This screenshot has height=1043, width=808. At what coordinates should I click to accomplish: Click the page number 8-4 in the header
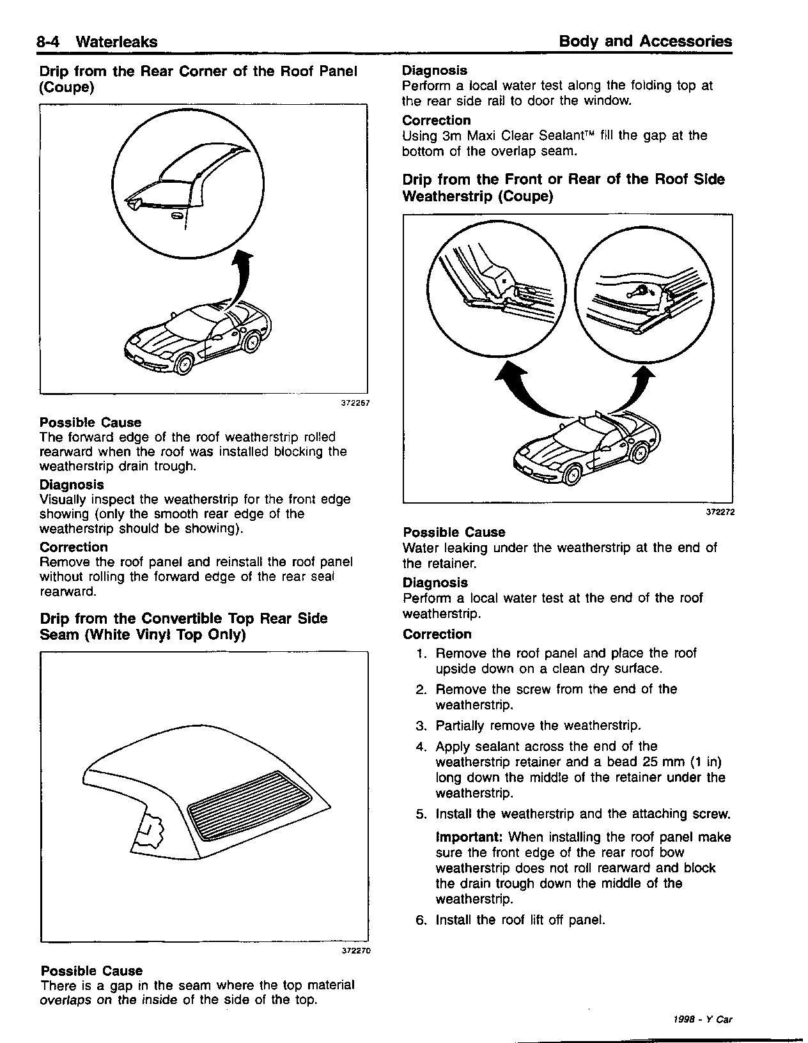[50, 42]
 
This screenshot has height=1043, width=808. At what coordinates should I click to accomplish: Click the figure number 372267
[355, 403]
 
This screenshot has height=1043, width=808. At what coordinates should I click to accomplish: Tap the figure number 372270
[356, 950]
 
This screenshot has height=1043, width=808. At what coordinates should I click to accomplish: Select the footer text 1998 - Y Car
[703, 1019]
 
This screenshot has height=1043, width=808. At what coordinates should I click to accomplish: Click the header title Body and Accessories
[645, 42]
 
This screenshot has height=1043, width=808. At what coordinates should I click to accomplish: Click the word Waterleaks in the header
[116, 42]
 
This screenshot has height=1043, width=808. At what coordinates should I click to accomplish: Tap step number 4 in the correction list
[421, 746]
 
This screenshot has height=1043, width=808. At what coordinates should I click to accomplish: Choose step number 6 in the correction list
[421, 920]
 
